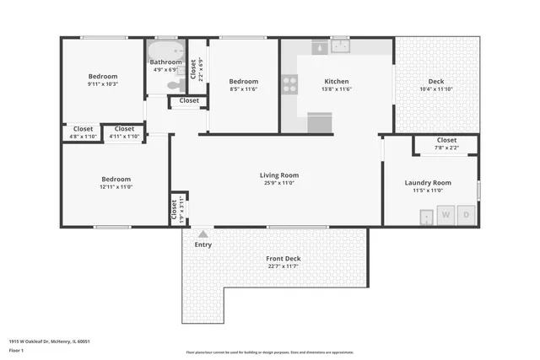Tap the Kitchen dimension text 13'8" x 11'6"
(x=336, y=89)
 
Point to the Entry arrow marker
(x=202, y=234)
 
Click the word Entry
(x=203, y=244)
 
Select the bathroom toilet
(x=174, y=84)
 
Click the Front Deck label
(x=283, y=259)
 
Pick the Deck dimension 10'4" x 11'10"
(x=436, y=89)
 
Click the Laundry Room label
(x=428, y=182)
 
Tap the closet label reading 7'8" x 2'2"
(x=446, y=148)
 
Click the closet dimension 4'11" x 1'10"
(x=124, y=137)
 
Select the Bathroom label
(x=165, y=62)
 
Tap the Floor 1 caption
(x=17, y=349)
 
